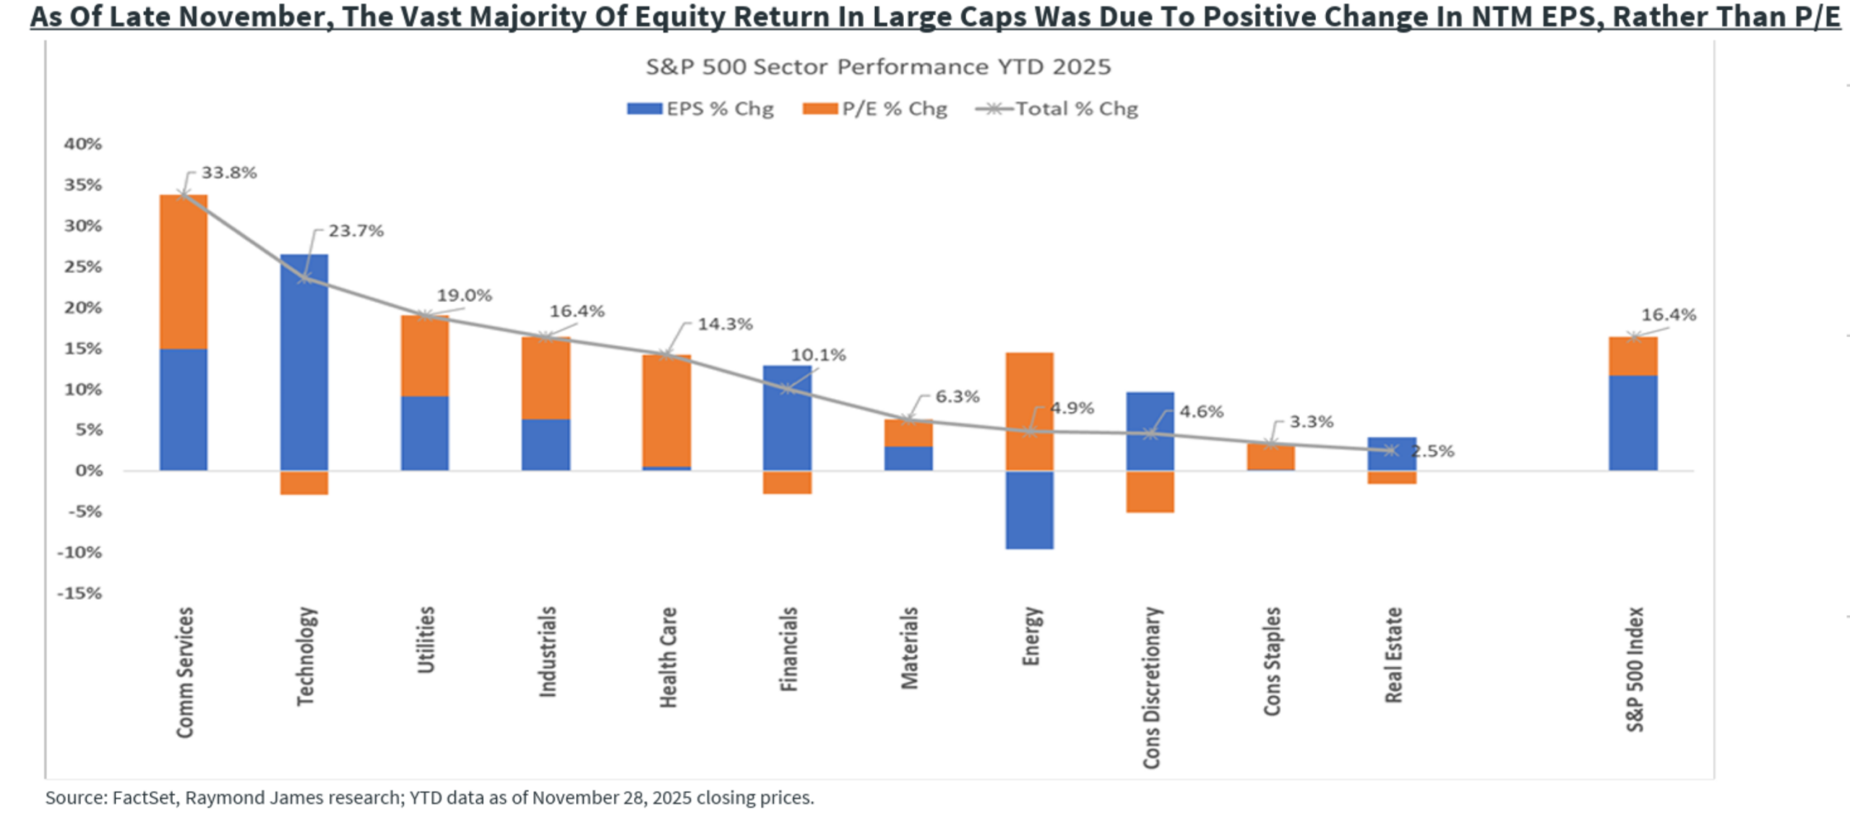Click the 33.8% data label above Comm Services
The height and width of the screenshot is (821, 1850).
tap(228, 173)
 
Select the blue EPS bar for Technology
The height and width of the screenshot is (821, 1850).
tap(304, 361)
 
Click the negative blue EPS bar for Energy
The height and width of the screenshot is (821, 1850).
tap(1029, 510)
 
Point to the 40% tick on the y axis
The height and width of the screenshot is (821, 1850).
tap(83, 144)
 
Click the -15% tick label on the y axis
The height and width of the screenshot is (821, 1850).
tap(80, 593)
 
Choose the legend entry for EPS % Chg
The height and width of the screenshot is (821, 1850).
tap(700, 109)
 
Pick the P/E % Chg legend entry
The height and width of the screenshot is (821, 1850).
tap(875, 109)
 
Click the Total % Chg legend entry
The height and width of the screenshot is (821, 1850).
tap(1057, 109)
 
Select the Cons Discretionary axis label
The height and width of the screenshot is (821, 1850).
tap(1151, 687)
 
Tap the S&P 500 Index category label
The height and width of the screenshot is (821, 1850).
tap(1635, 669)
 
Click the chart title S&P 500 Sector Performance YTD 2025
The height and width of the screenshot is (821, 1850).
tap(878, 67)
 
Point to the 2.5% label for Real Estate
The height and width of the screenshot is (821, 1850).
tap(1432, 452)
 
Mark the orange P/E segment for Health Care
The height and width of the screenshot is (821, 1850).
tap(666, 410)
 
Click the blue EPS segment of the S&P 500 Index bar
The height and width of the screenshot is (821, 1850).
tap(1632, 423)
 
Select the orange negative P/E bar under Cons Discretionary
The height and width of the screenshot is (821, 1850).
tap(1150, 491)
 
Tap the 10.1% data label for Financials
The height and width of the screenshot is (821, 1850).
tap(818, 355)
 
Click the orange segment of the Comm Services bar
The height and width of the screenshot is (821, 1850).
tap(184, 272)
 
